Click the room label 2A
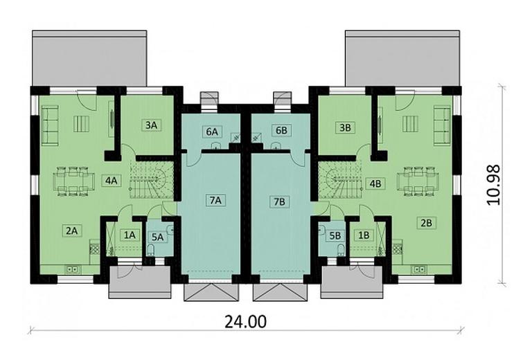[x=71, y=231]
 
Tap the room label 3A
[x=151, y=125]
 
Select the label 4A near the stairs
[x=110, y=181]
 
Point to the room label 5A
[x=158, y=236]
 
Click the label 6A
[x=211, y=131]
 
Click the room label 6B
[x=281, y=131]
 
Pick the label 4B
[x=375, y=183]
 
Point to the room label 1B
[x=362, y=235]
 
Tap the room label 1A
[x=129, y=235]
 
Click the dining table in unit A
[x=75, y=180]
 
